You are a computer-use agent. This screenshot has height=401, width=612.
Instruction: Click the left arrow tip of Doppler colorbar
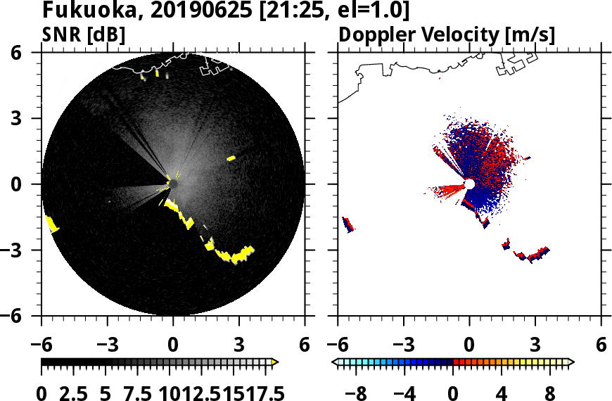tap(335, 362)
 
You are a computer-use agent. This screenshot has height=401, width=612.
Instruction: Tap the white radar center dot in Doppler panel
tap(469, 184)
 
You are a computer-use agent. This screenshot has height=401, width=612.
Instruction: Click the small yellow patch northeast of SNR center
tap(231, 158)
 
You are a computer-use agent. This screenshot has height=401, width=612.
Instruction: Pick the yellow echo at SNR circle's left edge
tap(52, 224)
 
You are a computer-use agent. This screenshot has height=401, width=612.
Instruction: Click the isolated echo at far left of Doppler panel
tap(348, 224)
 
